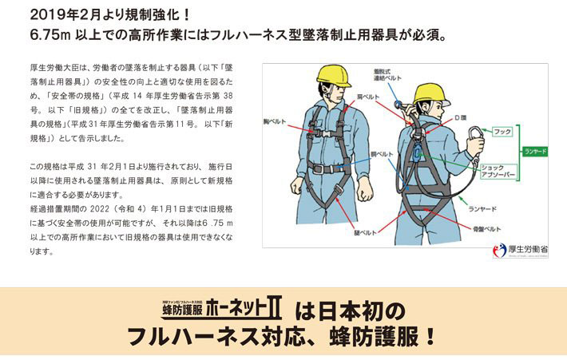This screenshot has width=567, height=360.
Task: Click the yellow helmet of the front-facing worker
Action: coord(333,76)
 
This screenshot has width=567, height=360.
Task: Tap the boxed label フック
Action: coord(502,130)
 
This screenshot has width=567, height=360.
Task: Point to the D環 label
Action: coord(459,118)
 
